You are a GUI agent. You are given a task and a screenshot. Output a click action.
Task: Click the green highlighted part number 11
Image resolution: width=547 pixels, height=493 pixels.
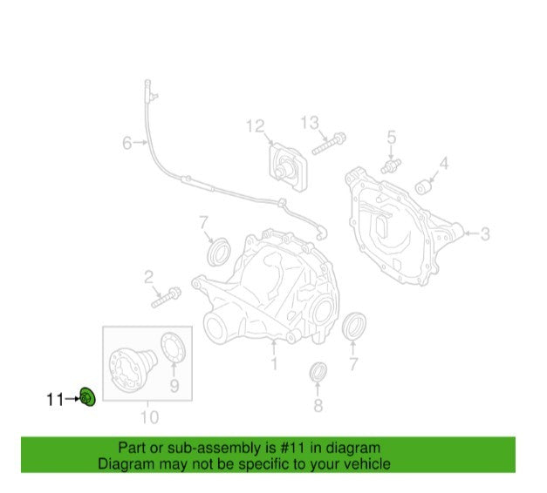(x=87, y=397)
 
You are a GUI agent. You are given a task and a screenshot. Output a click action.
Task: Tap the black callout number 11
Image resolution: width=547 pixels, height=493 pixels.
(x=56, y=399)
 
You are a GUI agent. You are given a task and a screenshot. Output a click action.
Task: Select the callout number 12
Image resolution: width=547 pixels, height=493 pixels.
(x=256, y=125)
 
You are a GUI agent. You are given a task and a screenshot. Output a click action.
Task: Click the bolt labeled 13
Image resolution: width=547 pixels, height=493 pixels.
(x=328, y=144)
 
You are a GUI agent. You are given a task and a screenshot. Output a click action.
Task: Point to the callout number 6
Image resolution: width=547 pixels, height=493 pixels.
(x=127, y=143)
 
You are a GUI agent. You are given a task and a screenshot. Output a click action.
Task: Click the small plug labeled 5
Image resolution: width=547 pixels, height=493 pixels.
(x=391, y=165)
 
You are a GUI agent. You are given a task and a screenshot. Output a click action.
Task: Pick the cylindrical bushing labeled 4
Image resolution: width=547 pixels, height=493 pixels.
(x=424, y=186)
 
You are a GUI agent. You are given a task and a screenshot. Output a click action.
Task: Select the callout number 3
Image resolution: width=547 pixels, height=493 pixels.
(x=485, y=233)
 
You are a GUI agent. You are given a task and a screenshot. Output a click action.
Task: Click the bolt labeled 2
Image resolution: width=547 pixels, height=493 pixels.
(x=166, y=297)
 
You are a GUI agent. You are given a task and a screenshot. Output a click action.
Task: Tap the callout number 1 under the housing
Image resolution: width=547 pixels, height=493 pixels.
(x=274, y=363)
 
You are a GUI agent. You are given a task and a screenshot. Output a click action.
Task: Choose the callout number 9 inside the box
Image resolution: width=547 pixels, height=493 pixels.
(x=174, y=386)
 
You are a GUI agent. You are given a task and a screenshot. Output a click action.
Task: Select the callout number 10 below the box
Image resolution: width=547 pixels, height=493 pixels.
(x=149, y=417)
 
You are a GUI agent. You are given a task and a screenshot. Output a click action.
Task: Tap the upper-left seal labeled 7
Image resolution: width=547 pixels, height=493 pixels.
(x=219, y=252)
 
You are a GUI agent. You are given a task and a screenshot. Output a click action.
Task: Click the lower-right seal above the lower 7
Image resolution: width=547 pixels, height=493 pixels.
(x=353, y=326)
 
